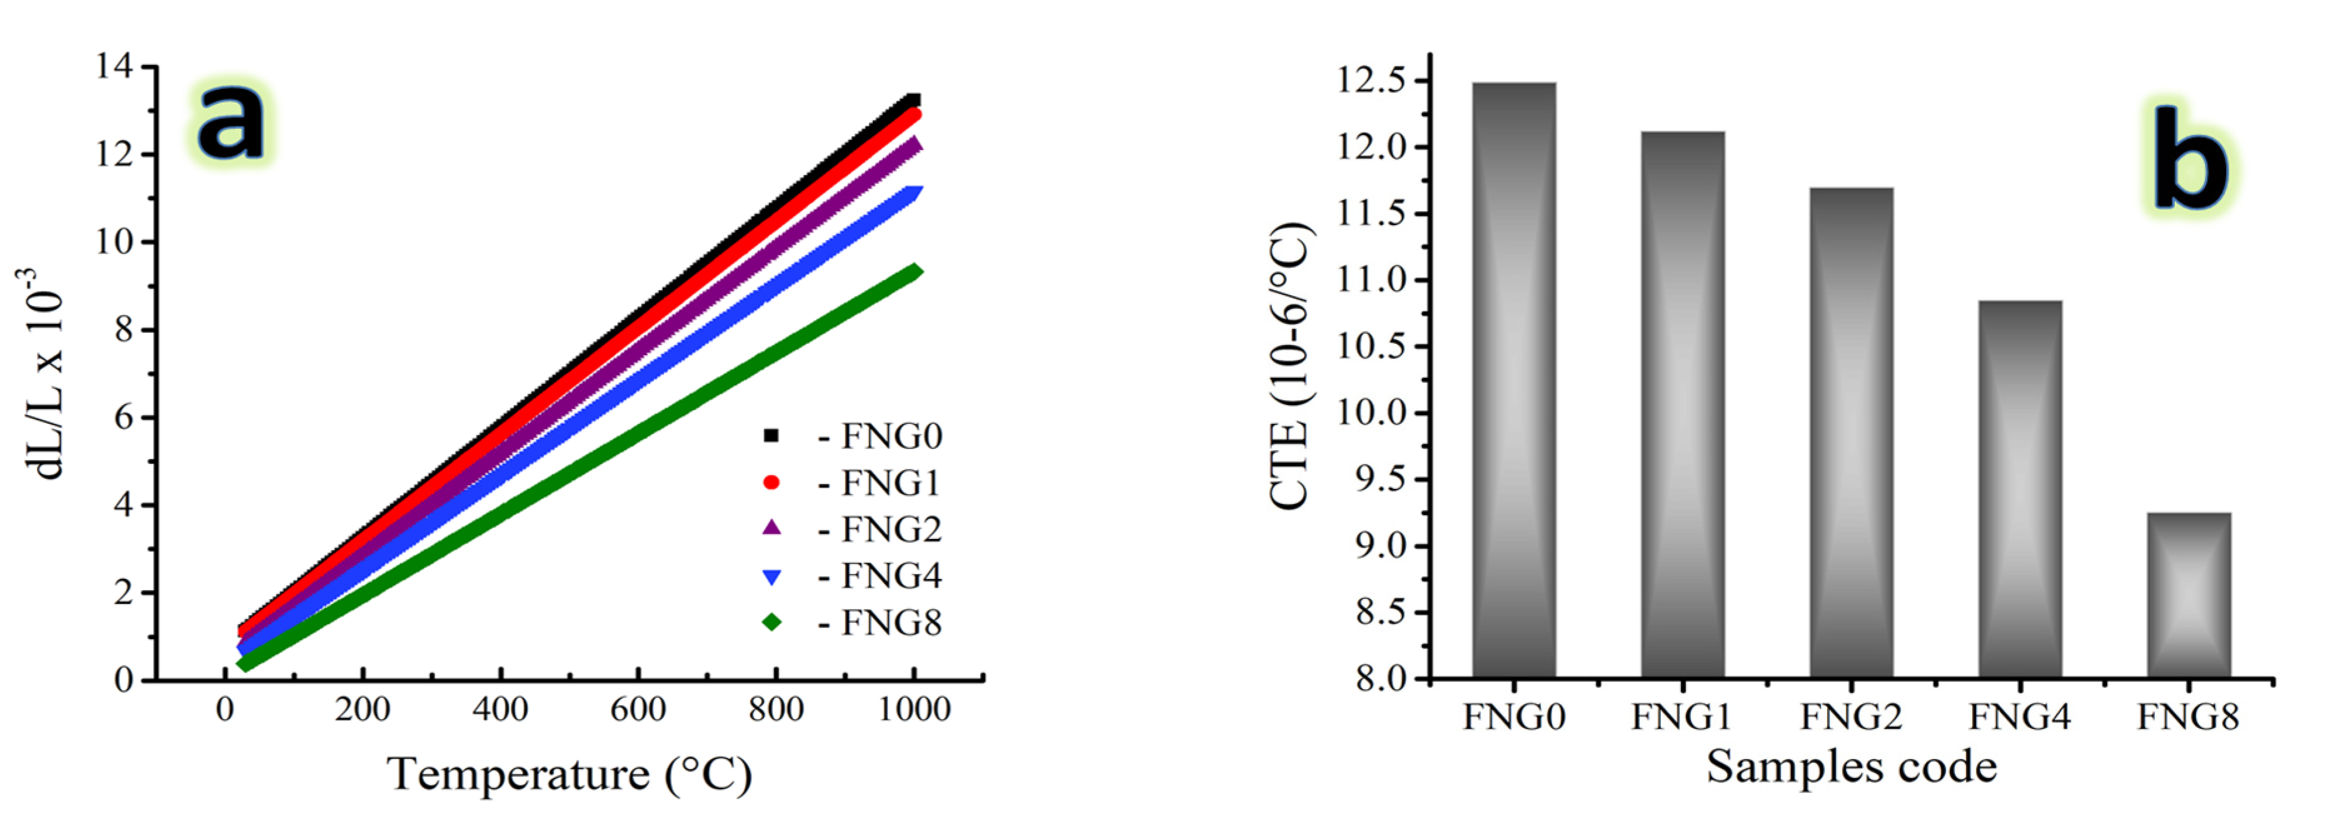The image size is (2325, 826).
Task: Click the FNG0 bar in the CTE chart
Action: point(1513,379)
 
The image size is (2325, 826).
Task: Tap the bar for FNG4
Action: point(2020,488)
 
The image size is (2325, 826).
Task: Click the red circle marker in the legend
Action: point(771,483)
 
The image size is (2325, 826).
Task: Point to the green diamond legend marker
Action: point(771,622)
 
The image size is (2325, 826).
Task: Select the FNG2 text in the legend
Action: point(891,530)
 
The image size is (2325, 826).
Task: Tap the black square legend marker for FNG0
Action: point(771,436)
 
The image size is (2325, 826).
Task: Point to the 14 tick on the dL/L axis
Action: point(114,66)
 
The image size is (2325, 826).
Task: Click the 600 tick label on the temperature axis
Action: point(637,710)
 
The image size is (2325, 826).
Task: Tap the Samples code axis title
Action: point(1851,767)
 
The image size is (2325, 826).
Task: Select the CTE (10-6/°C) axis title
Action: point(1291,366)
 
